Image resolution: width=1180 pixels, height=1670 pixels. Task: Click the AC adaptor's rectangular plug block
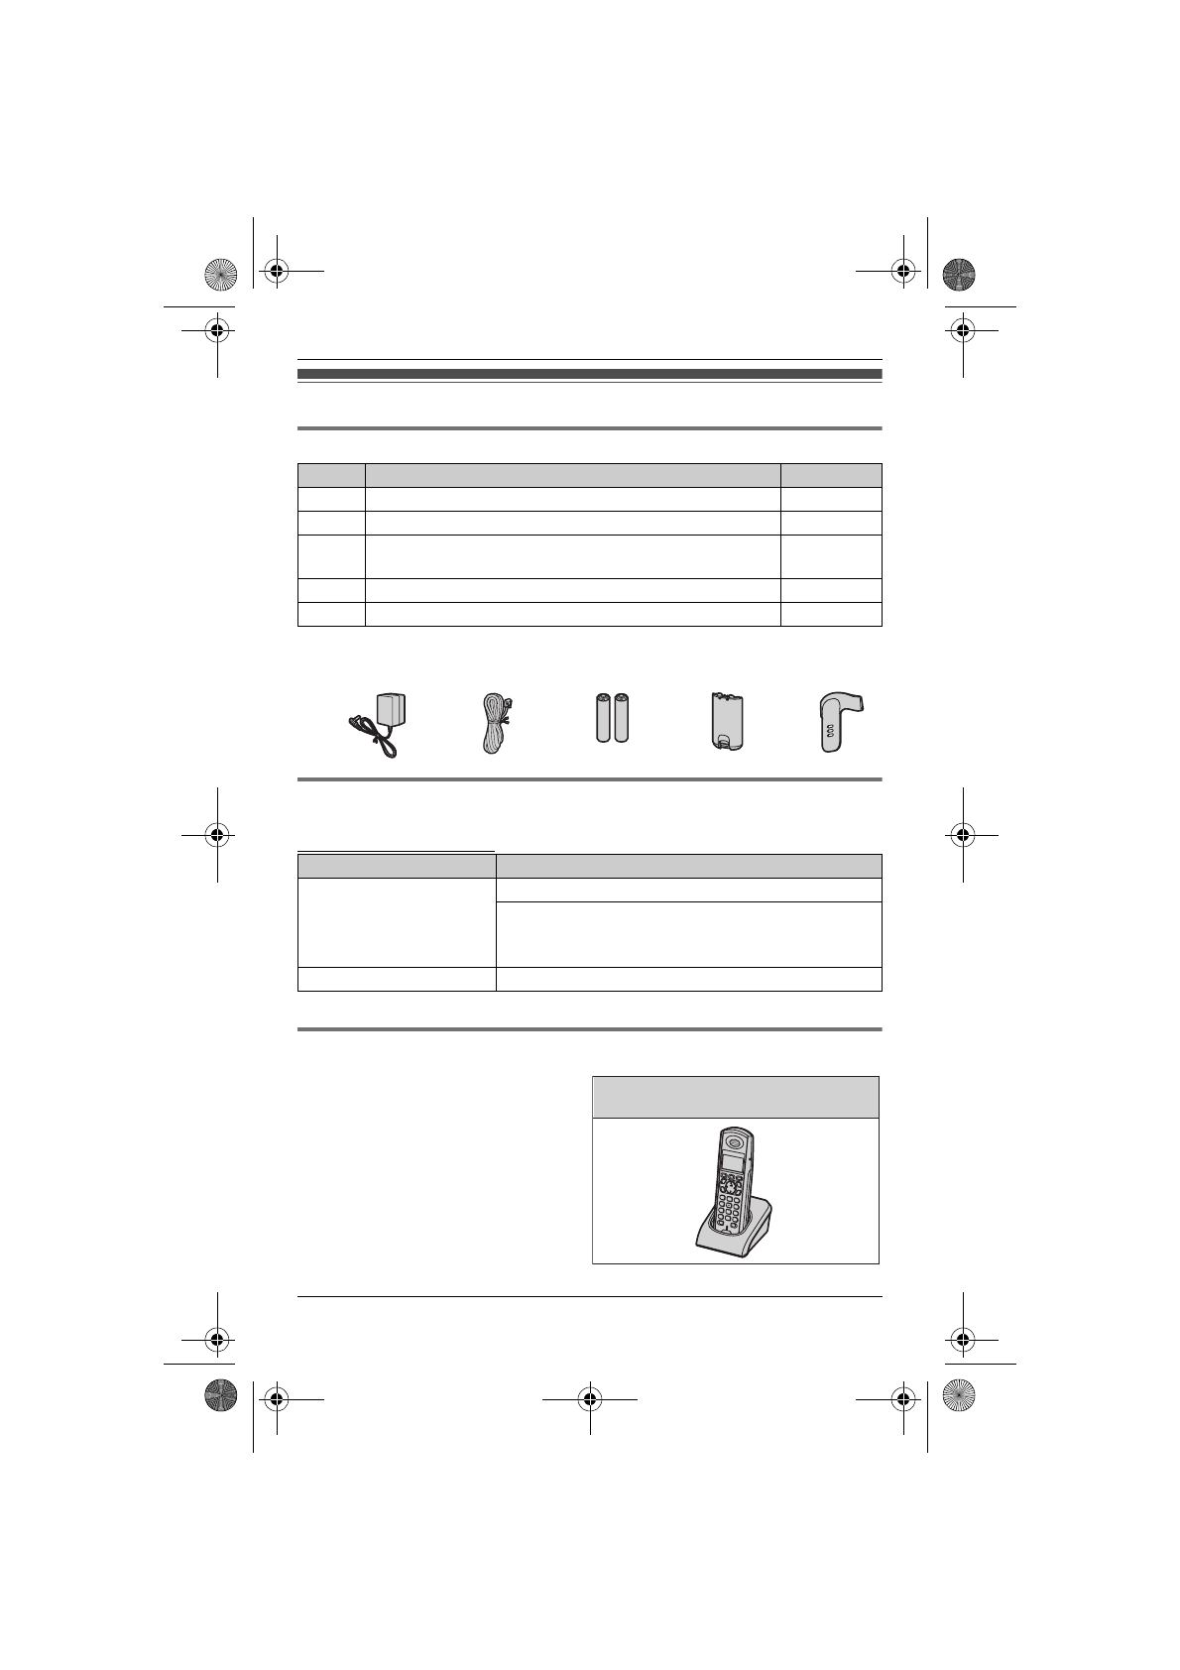point(392,711)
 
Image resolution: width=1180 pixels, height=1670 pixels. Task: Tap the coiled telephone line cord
point(494,724)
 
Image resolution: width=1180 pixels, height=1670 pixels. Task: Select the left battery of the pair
point(602,718)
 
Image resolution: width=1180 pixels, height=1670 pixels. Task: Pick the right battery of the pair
point(622,718)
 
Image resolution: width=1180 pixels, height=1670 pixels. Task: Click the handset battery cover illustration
point(726,721)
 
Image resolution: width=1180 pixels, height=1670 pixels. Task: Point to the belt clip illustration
point(836,722)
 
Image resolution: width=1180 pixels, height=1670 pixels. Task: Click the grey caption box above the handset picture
point(736,1098)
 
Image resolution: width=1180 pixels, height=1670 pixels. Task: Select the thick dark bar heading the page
point(589,374)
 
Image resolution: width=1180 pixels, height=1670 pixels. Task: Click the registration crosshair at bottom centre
point(590,1398)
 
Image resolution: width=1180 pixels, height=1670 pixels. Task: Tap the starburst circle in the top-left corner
point(220,274)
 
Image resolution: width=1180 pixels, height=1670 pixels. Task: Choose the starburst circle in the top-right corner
point(959,274)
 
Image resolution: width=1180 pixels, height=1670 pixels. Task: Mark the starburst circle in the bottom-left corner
point(220,1396)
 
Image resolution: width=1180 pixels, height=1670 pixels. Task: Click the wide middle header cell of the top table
point(573,474)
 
